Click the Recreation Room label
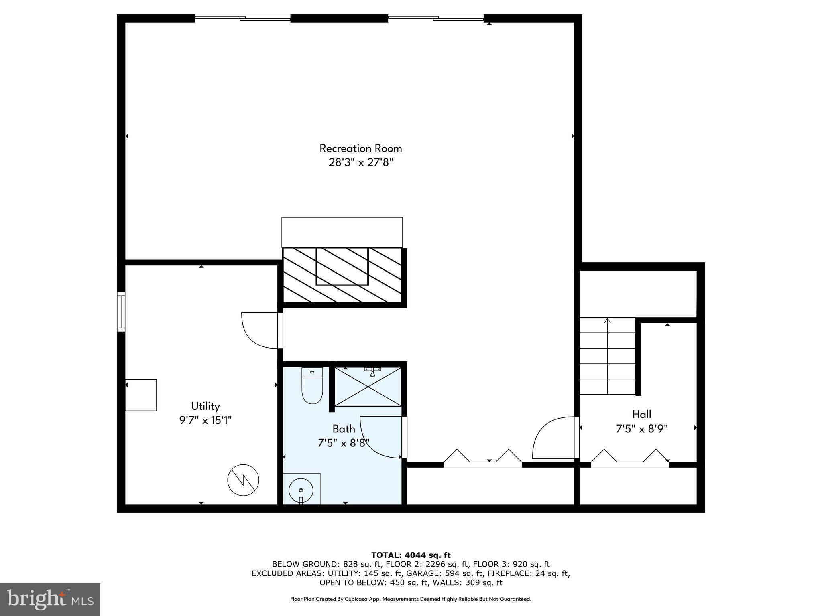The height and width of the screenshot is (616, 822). tap(360, 148)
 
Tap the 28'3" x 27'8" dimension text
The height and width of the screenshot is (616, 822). tap(360, 163)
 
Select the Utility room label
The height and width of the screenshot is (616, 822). tap(205, 406)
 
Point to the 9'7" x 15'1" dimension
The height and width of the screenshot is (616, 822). tap(205, 421)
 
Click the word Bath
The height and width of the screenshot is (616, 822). tap(344, 429)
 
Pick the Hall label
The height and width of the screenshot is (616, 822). tap(641, 414)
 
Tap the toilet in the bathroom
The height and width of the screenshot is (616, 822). tap(312, 385)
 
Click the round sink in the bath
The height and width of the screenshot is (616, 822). tap(301, 490)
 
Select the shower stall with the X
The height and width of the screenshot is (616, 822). tap(368, 386)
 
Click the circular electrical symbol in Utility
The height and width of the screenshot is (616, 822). tap(243, 480)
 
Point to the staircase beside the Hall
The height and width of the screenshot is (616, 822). tap(607, 356)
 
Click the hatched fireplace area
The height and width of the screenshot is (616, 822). tap(342, 275)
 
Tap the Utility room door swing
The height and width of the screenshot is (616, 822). tap(260, 330)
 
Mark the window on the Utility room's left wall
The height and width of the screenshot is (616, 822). tap(121, 312)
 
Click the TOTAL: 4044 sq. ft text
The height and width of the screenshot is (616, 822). tap(411, 555)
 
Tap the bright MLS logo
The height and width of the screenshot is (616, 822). tap(50, 599)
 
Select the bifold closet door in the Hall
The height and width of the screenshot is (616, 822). tap(630, 458)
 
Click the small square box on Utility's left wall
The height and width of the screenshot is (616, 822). tap(141, 395)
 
